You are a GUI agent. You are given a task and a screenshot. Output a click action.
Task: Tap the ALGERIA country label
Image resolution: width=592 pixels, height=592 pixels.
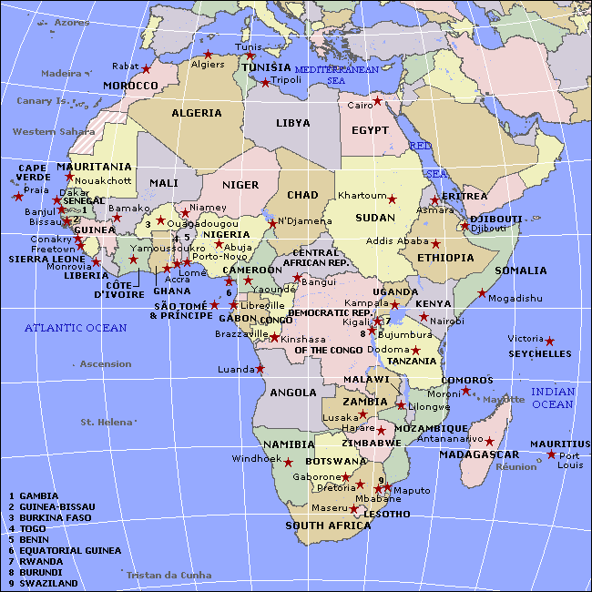(196, 113)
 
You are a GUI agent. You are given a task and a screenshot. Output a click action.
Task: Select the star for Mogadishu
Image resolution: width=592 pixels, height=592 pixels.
(482, 293)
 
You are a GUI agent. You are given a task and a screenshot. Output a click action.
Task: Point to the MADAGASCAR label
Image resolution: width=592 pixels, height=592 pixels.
(479, 454)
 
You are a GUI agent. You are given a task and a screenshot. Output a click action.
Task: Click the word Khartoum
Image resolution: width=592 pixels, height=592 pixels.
(362, 196)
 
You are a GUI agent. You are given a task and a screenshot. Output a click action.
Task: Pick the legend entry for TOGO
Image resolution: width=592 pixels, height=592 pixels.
(34, 528)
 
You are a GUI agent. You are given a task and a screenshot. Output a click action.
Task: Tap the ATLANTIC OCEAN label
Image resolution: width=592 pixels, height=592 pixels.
(76, 327)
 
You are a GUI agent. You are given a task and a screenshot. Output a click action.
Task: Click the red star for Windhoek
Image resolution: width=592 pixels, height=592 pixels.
(288, 462)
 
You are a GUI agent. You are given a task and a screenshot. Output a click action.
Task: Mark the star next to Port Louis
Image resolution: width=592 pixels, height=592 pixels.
(551, 454)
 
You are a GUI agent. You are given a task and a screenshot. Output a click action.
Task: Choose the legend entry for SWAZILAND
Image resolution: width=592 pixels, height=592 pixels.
(46, 583)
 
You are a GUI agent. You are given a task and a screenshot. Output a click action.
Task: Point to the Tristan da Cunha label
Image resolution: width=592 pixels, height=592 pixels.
(168, 575)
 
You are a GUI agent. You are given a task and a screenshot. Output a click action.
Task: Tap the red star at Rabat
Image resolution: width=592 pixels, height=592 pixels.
(146, 69)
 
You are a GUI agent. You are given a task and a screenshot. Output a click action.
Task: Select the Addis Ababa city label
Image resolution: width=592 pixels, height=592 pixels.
(397, 241)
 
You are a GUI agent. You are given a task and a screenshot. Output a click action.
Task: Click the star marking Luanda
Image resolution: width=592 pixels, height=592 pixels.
(260, 369)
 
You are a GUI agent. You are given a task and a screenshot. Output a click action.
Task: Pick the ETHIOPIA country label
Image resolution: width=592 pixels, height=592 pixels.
(446, 258)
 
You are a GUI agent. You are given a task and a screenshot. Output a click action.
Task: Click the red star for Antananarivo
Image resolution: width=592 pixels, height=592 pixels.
(489, 442)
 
